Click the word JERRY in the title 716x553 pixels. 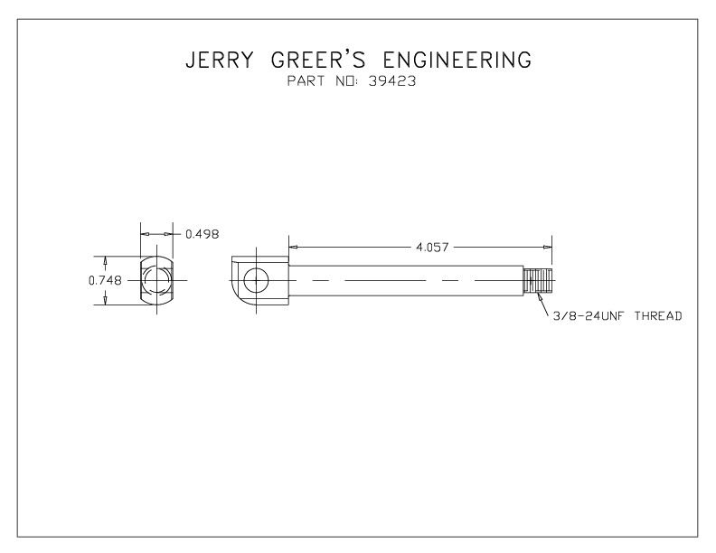(219, 60)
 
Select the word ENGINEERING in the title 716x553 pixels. (457, 60)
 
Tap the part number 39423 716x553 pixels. (392, 81)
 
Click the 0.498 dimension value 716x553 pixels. (203, 234)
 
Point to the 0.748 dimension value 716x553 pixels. (105, 280)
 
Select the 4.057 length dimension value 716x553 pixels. (432, 248)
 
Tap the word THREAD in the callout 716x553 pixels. (658, 315)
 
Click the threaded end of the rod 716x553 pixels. (538, 280)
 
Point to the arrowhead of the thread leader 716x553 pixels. (541, 297)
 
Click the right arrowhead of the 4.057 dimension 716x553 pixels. (548, 247)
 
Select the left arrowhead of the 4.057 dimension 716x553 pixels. (294, 247)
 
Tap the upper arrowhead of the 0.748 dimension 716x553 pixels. (106, 260)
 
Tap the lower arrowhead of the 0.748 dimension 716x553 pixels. (106, 300)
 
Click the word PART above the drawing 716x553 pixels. (306, 81)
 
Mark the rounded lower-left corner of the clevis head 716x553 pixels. (238, 296)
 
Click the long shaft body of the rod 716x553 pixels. (406, 281)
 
